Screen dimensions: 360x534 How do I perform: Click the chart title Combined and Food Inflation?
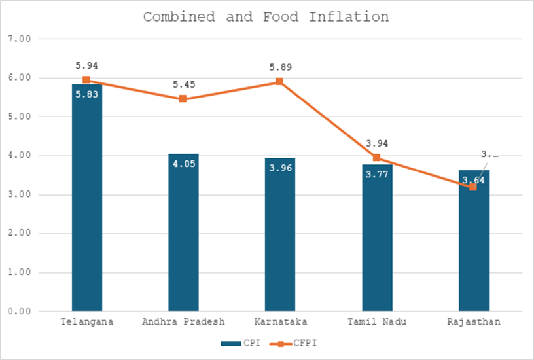[x=266, y=16]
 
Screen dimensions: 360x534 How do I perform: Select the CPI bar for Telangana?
[x=87, y=209]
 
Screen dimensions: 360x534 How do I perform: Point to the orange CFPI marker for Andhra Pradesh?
[x=183, y=99]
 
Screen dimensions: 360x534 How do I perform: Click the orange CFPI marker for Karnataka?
[x=279, y=82]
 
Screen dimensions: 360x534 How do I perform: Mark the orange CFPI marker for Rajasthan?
[x=473, y=187]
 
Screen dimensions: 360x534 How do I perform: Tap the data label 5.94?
[x=87, y=66]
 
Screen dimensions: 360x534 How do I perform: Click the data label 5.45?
[x=184, y=84]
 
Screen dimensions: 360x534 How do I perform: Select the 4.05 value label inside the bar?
[x=184, y=164]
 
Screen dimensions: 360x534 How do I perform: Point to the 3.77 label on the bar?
[x=376, y=174]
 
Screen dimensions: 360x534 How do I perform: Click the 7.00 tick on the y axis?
[x=21, y=39]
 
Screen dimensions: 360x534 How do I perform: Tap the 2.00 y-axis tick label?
[x=21, y=234]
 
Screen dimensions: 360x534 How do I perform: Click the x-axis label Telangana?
[x=87, y=323]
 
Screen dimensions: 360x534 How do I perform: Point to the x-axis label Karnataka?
[x=280, y=323]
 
